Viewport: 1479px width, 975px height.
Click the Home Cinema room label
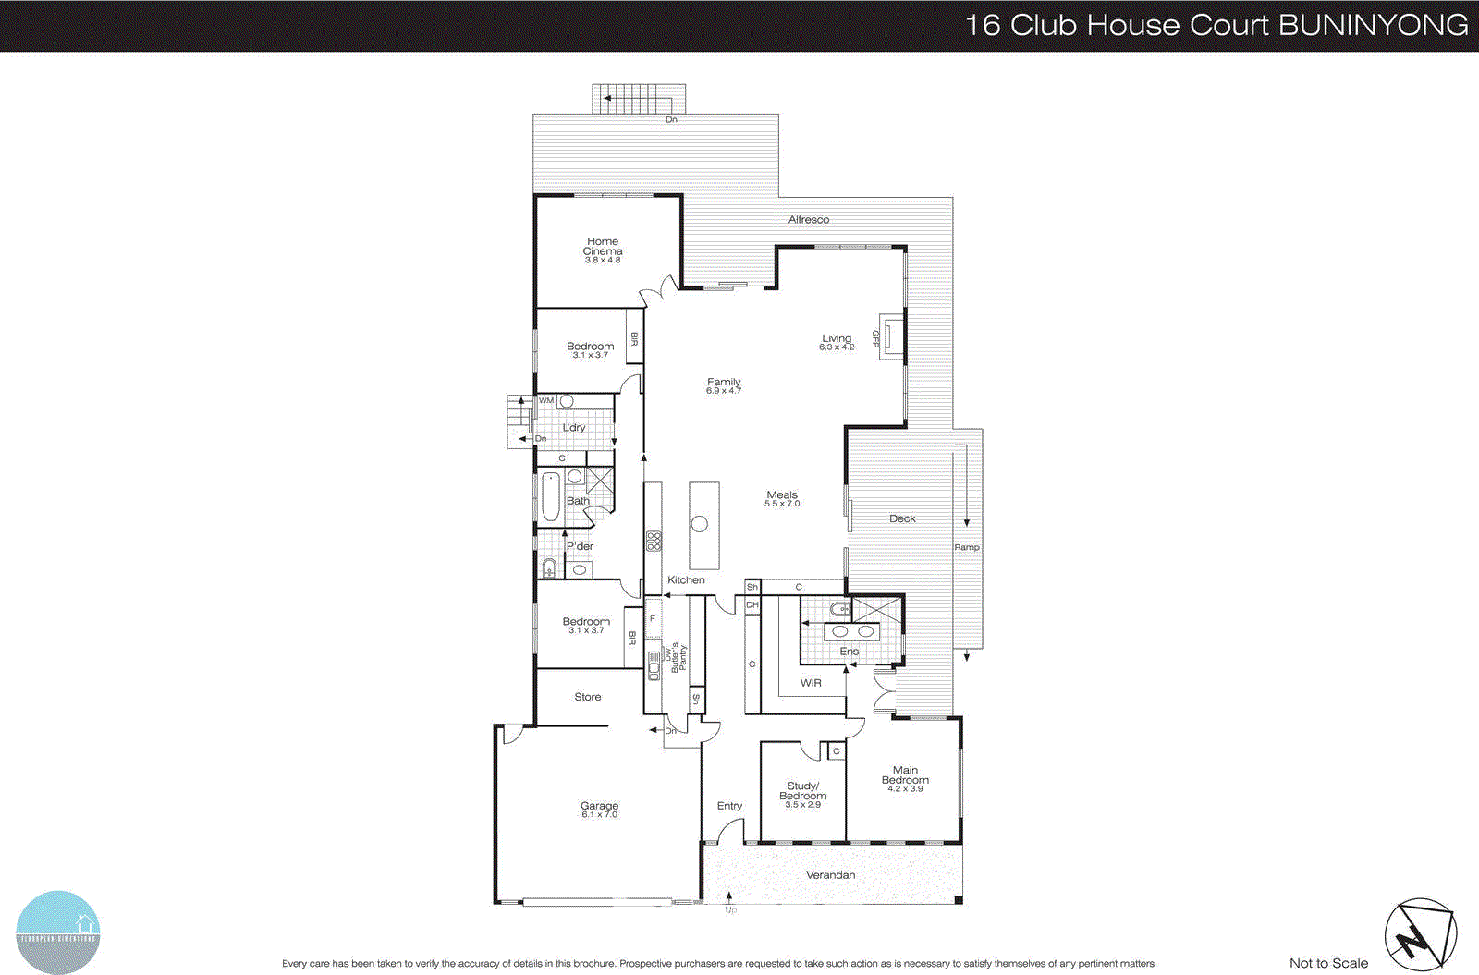603,246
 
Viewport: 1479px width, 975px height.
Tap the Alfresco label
809,220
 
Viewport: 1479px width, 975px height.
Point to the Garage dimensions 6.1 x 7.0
599,815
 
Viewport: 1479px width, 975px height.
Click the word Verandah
830,875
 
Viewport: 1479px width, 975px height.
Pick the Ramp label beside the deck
967,547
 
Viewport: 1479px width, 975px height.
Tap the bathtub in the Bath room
550,497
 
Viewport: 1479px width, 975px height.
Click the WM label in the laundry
546,401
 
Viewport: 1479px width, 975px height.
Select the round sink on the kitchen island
700,524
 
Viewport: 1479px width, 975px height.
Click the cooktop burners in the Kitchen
654,541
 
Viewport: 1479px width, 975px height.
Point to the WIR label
811,683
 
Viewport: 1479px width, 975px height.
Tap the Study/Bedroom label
802,791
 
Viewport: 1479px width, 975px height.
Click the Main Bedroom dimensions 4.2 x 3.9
905,788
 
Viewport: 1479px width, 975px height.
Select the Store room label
588,697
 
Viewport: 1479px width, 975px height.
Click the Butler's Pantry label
680,656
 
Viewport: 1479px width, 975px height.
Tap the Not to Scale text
1328,963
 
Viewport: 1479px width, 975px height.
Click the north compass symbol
1419,935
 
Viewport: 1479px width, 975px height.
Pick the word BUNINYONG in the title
1374,25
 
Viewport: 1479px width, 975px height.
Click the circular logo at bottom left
57,932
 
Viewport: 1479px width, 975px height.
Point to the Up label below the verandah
731,910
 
